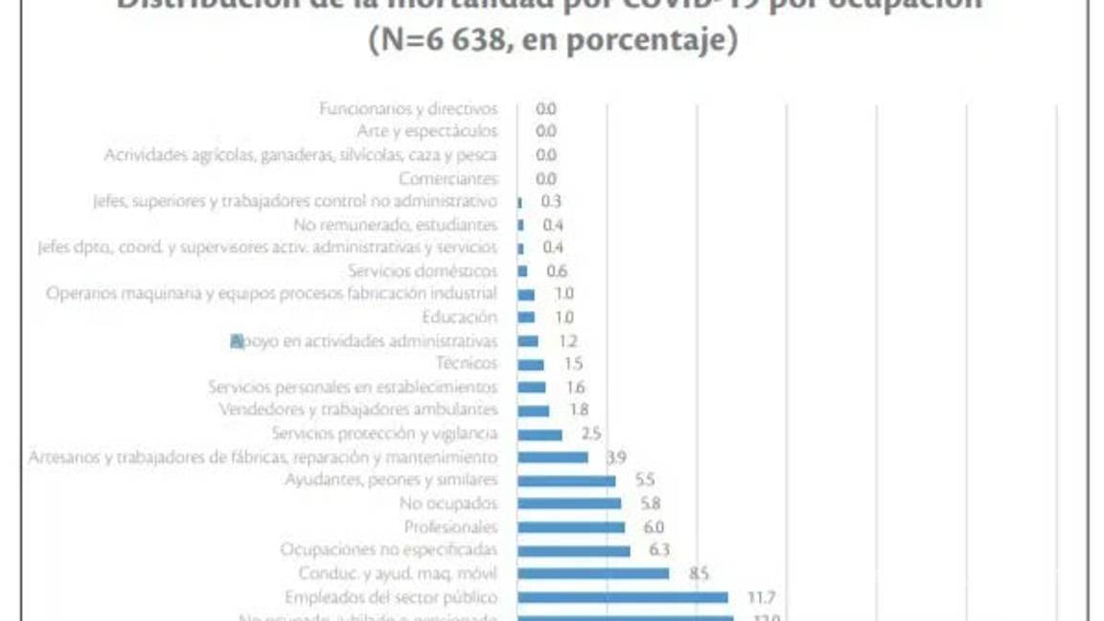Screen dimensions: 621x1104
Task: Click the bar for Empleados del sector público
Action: pos(622,597)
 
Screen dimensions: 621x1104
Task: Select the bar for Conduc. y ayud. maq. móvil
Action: pos(593,573)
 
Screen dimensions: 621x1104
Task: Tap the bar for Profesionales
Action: pos(571,527)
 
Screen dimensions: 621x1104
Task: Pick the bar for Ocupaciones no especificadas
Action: pos(573,550)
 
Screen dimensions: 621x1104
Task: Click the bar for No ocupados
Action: pos(569,503)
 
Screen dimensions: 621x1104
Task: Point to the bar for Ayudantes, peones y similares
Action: pos(566,480)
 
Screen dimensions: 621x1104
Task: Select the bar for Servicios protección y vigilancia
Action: pos(540,434)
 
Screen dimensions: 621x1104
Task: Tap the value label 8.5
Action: pos(699,573)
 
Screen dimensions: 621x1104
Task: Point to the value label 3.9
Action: pos(616,457)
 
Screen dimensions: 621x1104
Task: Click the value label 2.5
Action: pos(590,434)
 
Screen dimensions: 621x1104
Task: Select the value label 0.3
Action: pos(551,201)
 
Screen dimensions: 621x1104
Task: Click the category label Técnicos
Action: pos(467,363)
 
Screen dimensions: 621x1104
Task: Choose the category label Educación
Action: pos(460,317)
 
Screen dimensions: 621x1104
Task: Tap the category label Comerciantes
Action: pos(448,178)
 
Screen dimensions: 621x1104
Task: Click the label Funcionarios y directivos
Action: pos(408,108)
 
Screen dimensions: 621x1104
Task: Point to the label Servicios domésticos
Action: pos(423,271)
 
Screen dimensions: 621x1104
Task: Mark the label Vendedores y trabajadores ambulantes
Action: pos(358,410)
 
